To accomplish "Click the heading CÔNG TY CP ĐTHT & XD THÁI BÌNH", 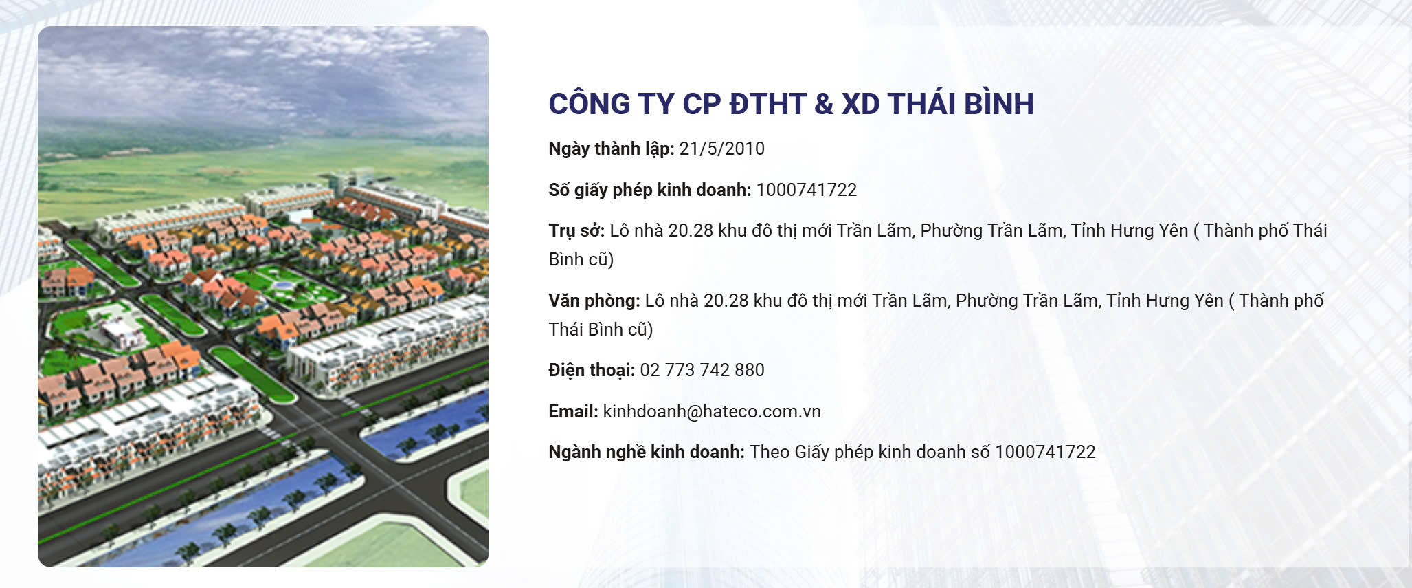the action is click(791, 104).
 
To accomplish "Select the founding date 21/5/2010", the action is click(721, 149).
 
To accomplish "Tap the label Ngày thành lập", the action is click(612, 149).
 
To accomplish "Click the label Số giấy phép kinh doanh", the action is click(650, 190).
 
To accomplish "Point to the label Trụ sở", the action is click(576, 230).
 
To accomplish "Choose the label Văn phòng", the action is click(594, 301).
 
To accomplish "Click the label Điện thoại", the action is click(592, 370).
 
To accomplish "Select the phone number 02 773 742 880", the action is click(702, 370).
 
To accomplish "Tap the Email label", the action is click(573, 411).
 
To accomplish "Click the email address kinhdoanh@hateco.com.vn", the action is click(712, 411).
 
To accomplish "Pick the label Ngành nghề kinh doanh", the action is click(647, 453).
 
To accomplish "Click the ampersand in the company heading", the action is click(824, 104).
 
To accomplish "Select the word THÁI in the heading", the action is click(921, 103).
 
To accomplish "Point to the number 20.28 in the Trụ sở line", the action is click(691, 230).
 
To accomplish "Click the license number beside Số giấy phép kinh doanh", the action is click(807, 190).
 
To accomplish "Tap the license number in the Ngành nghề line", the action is click(1045, 452).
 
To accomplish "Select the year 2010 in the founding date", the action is click(744, 149).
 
